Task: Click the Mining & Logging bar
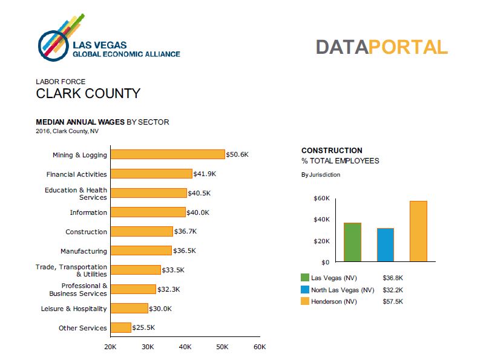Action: [168, 154]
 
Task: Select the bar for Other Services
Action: [121, 327]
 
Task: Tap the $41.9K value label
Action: [205, 174]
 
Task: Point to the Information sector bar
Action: [148, 212]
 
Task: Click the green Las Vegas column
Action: [352, 242]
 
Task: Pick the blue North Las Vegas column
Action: [386, 244]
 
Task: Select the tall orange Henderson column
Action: [418, 231]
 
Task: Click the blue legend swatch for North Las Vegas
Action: [304, 290]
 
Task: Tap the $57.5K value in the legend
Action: [393, 301]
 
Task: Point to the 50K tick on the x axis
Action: [222, 347]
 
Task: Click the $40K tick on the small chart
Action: [321, 220]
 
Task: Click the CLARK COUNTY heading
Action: [88, 94]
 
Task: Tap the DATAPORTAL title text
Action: [381, 47]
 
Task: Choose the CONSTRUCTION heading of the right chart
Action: [332, 151]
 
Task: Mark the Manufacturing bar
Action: [142, 250]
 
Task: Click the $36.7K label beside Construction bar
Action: [186, 232]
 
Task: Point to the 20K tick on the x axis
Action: [110, 347]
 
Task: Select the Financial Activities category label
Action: [77, 174]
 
